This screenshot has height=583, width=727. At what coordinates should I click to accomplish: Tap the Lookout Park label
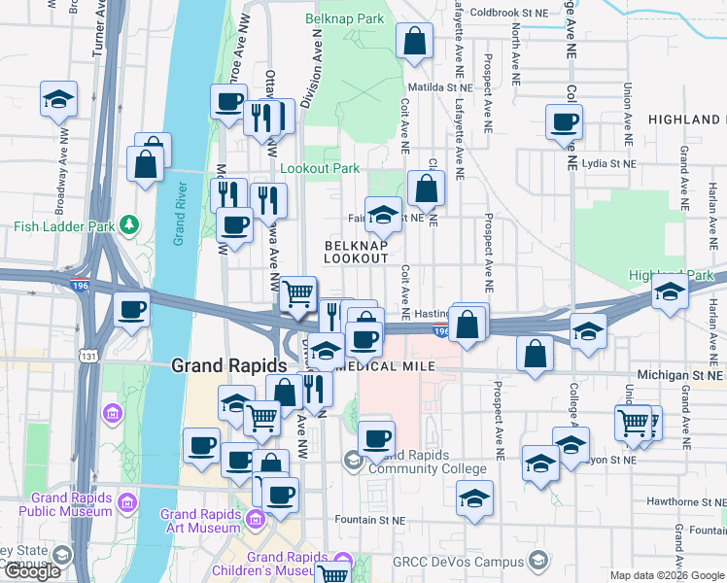[320, 168]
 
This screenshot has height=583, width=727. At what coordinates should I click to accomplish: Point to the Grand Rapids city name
[228, 366]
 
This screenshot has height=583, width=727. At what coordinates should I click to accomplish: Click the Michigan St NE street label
[680, 374]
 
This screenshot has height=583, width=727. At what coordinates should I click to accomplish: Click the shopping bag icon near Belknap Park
[414, 42]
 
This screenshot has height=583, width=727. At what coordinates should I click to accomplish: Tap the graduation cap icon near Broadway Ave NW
[58, 99]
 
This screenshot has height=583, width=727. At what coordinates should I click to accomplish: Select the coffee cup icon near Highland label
[564, 122]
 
